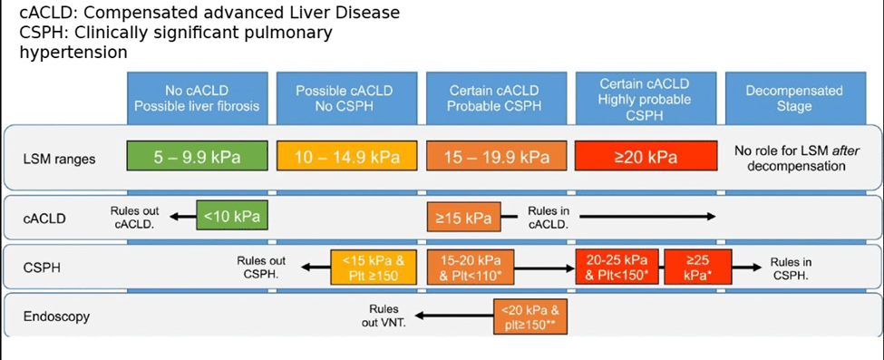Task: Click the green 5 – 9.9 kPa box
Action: (x=196, y=156)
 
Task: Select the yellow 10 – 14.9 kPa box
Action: (x=346, y=156)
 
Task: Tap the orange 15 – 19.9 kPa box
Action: (x=496, y=156)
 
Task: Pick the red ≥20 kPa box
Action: (x=646, y=156)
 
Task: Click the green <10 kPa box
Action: (x=232, y=215)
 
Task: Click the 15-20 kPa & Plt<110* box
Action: (x=471, y=266)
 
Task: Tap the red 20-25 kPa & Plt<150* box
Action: (x=619, y=266)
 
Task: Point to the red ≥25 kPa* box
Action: (x=698, y=266)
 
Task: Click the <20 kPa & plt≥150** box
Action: (x=530, y=317)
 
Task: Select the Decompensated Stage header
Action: (x=794, y=98)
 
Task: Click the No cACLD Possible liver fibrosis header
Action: (x=197, y=98)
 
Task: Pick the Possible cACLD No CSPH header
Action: (x=346, y=98)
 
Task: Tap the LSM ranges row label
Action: (x=60, y=159)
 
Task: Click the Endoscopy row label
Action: (x=56, y=316)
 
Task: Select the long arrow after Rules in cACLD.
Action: (x=647, y=216)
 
